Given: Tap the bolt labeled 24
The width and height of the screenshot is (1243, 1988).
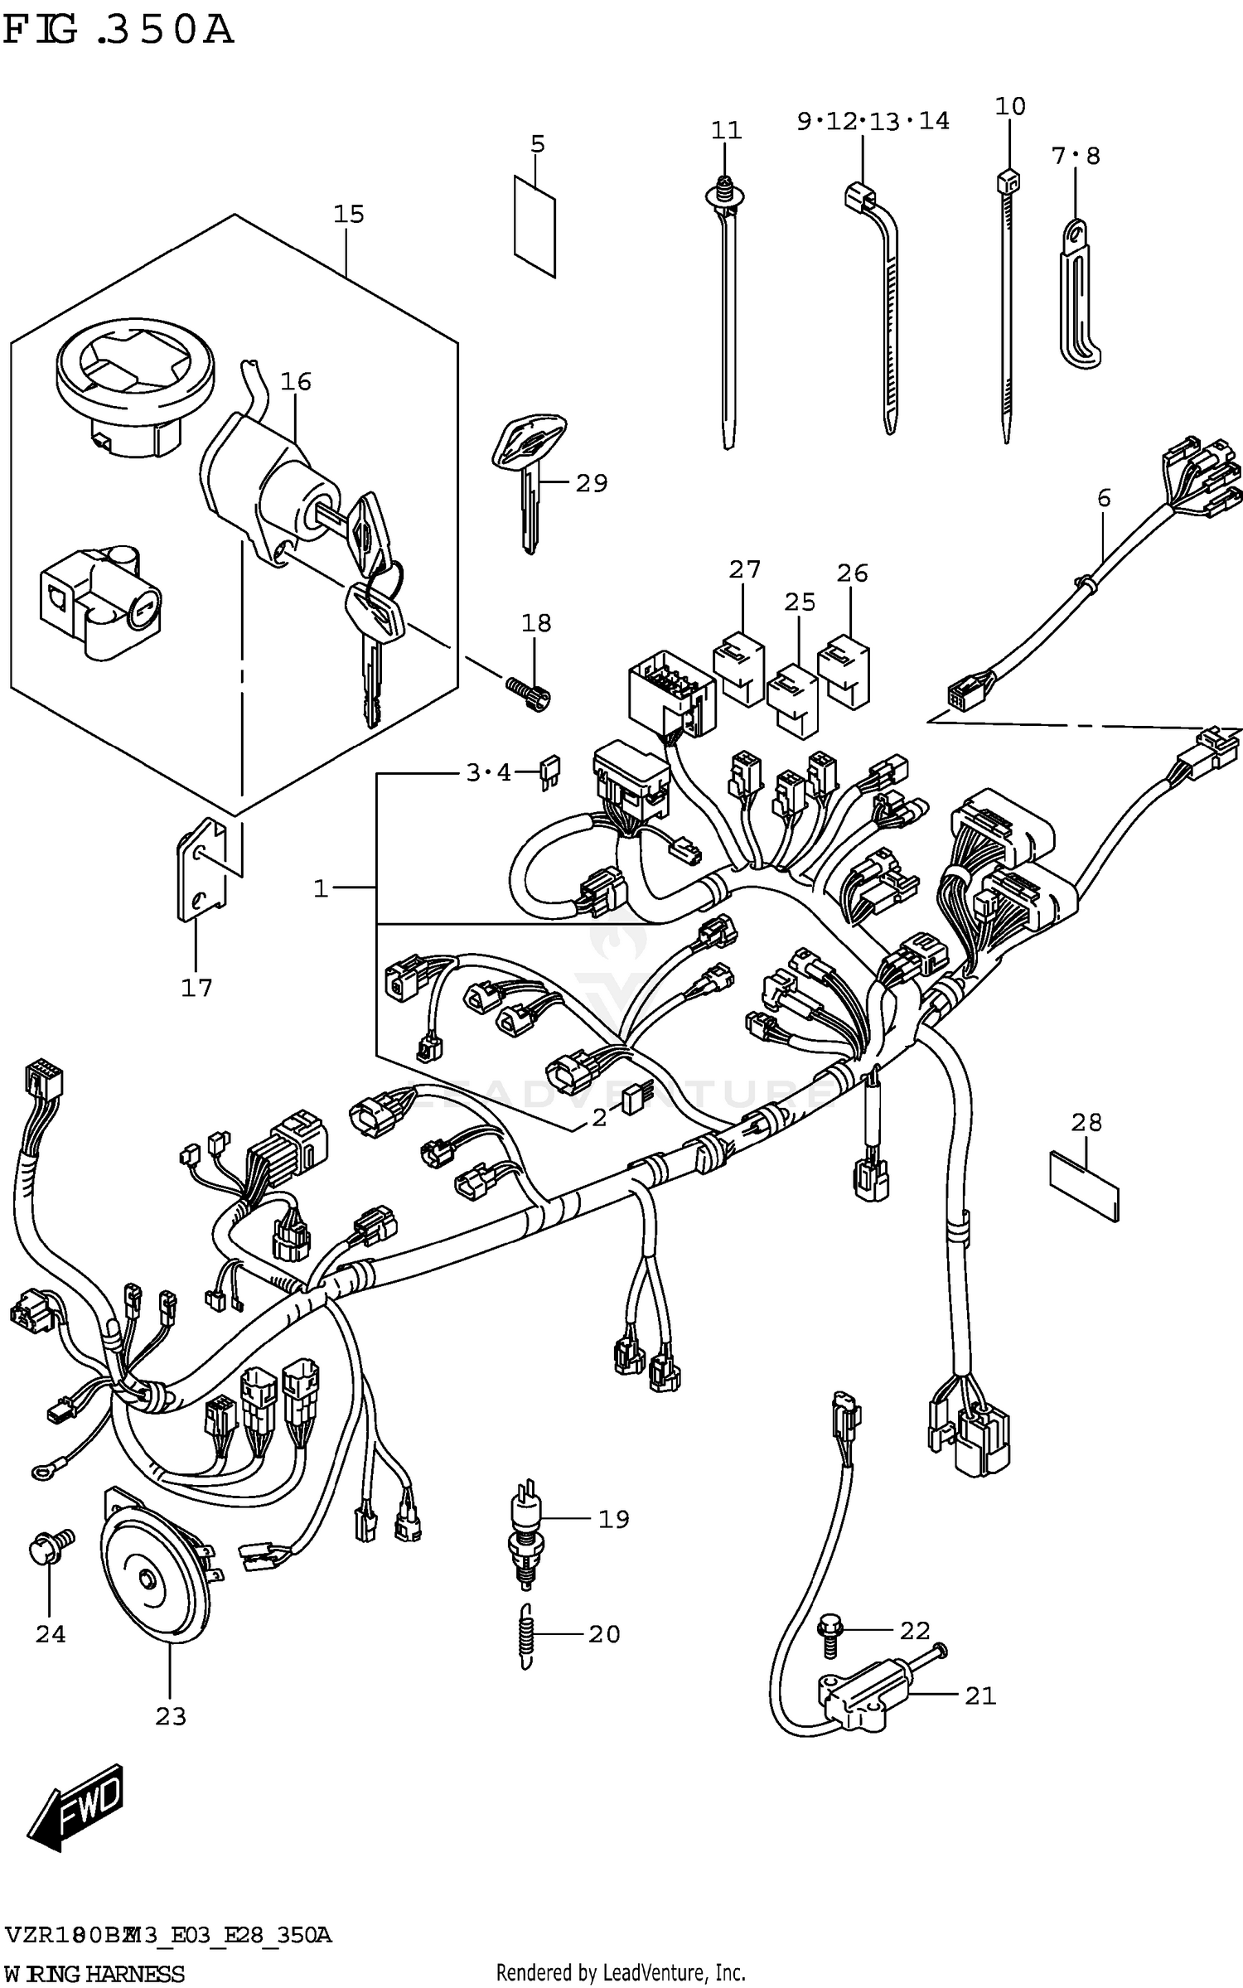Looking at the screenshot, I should (51, 1546).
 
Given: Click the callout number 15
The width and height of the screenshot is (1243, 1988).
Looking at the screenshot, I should (348, 215).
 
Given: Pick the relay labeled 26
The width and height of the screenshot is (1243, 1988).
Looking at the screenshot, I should (844, 671).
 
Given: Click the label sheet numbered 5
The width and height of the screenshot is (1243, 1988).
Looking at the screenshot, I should (534, 225).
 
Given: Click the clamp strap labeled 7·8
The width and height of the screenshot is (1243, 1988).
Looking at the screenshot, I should (1078, 298).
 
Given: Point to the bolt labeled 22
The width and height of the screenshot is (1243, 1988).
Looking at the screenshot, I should (829, 1633).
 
